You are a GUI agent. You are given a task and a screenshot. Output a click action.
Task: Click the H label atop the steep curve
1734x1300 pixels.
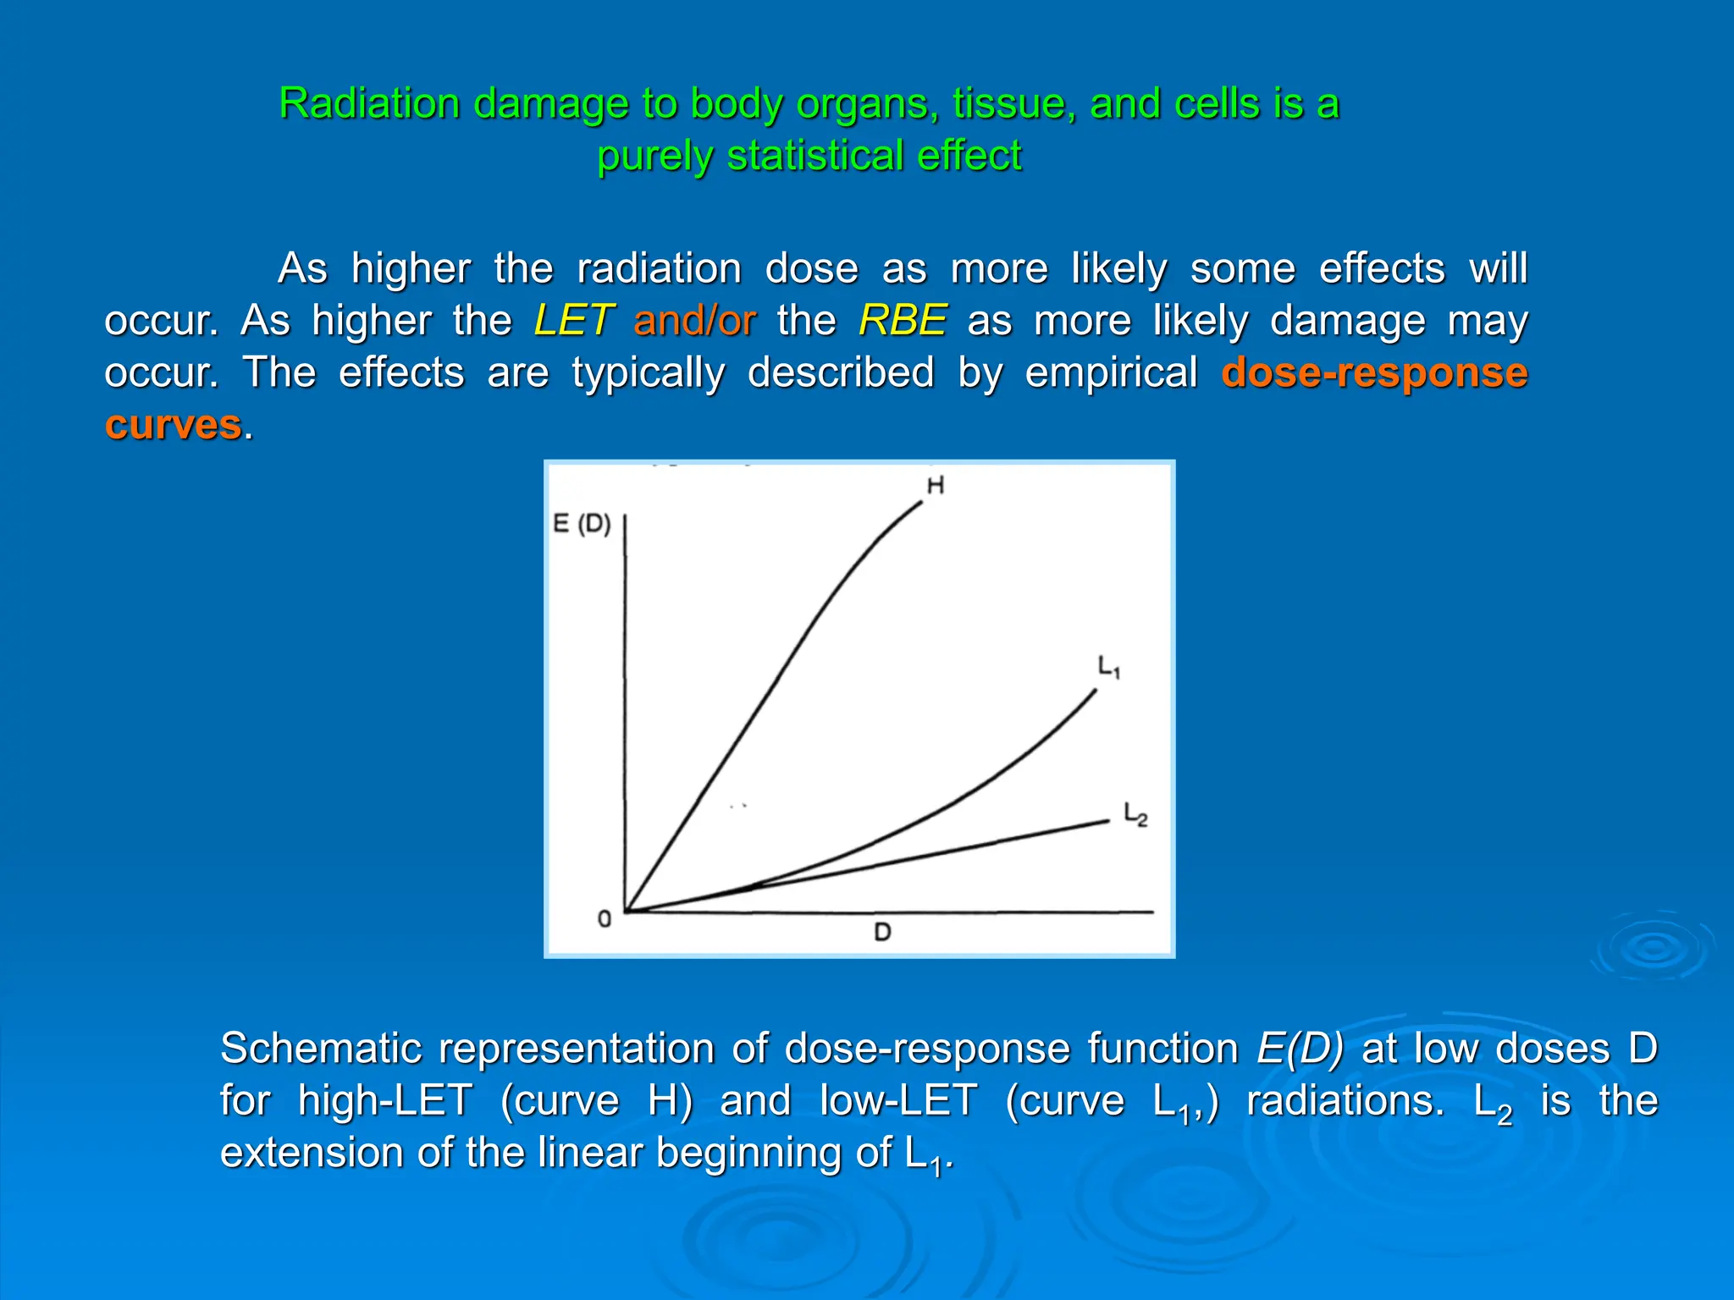click(x=936, y=485)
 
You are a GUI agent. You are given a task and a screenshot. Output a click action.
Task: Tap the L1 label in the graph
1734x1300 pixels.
click(x=1108, y=667)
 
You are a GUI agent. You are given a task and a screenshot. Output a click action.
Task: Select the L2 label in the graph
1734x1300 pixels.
click(x=1135, y=814)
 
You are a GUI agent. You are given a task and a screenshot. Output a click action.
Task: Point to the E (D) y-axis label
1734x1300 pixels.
click(x=582, y=524)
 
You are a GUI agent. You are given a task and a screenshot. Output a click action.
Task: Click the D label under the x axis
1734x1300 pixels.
click(x=882, y=933)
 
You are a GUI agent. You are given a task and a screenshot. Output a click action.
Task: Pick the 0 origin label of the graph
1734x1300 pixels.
click(x=604, y=919)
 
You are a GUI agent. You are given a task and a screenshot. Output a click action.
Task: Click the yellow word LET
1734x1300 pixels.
click(x=572, y=321)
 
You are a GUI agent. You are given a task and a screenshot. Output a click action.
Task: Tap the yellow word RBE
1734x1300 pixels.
click(x=902, y=321)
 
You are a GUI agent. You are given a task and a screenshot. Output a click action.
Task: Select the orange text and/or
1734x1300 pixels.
click(x=694, y=321)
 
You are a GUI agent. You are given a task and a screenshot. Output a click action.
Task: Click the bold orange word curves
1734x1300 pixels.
click(x=174, y=425)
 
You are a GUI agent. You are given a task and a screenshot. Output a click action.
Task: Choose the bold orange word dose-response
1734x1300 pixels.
click(x=1374, y=373)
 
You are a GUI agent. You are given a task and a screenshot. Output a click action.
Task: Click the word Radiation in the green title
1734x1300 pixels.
click(x=369, y=104)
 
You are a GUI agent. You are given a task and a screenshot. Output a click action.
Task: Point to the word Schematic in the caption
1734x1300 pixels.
click(x=321, y=1049)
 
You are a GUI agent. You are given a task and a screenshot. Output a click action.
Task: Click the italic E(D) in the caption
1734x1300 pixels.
click(x=1300, y=1049)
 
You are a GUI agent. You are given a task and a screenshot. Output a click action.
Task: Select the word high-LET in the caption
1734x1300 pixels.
click(x=385, y=1101)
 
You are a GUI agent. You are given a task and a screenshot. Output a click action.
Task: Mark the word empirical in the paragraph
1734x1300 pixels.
click(x=1111, y=373)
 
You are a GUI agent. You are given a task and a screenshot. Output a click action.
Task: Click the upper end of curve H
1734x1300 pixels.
click(x=920, y=504)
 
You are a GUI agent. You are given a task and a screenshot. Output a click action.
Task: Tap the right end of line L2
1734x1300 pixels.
click(x=1107, y=820)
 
